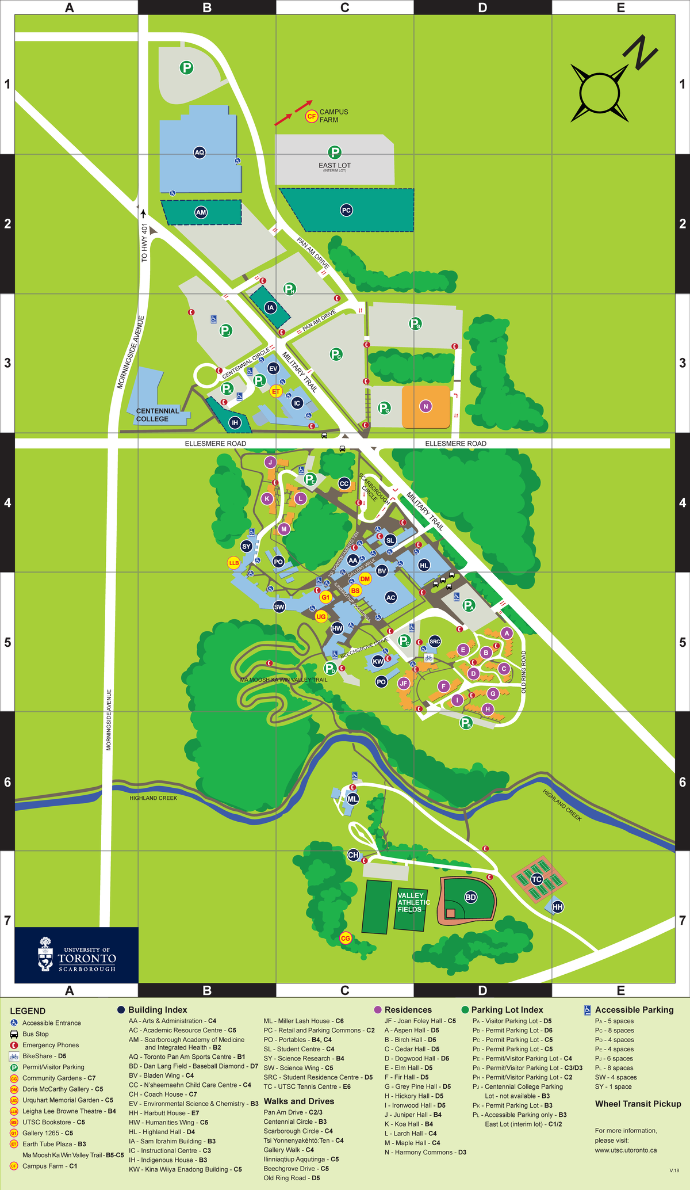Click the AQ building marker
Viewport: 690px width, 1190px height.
(x=199, y=152)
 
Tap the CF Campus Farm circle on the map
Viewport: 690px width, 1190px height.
(x=311, y=116)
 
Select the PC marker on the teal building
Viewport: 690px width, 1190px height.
(x=346, y=211)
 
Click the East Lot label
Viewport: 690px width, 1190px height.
(x=335, y=166)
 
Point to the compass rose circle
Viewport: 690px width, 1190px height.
(x=599, y=93)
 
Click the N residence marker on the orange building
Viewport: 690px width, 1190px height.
(x=425, y=406)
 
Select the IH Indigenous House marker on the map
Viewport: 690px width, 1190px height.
(x=235, y=423)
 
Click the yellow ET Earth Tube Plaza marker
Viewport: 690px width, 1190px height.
(x=276, y=391)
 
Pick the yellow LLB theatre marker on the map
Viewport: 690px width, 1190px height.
(x=233, y=563)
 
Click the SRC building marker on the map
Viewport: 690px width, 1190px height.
(x=435, y=642)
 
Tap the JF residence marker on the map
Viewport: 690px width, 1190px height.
(x=404, y=684)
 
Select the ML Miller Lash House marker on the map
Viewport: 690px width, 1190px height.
(x=352, y=799)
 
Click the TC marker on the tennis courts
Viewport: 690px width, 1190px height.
(x=536, y=879)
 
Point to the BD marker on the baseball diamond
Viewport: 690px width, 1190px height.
(x=470, y=897)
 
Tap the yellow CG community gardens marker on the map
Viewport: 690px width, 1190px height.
(x=346, y=939)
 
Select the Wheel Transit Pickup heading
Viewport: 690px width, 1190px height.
(x=638, y=1104)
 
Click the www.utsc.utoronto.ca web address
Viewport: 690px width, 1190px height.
(x=626, y=1150)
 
